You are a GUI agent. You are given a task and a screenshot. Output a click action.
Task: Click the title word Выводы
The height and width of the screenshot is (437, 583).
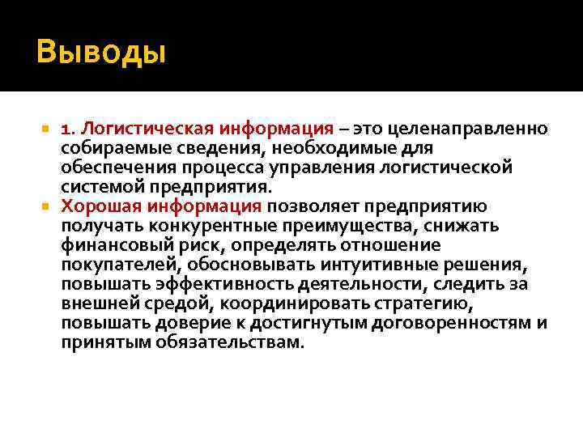100,53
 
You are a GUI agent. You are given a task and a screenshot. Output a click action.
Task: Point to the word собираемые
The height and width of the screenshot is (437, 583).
104,149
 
